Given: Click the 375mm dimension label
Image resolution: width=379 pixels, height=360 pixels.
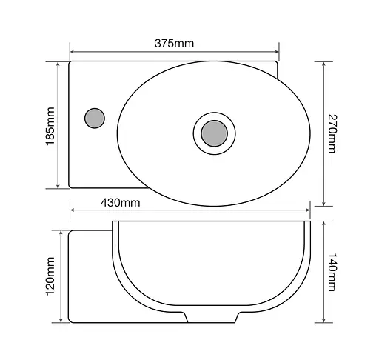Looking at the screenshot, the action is click(x=174, y=44).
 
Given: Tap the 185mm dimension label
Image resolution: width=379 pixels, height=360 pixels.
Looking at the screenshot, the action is click(x=50, y=126).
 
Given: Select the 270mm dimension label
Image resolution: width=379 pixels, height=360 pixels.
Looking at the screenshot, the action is click(x=332, y=133).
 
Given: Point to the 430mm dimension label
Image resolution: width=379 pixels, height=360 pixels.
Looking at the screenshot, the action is click(x=121, y=203).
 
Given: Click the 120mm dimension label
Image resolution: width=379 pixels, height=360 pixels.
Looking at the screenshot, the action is click(x=50, y=276).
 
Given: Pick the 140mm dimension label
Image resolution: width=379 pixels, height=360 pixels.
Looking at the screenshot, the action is click(x=332, y=272).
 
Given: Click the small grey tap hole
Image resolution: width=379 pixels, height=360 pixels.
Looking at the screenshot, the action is click(x=95, y=119).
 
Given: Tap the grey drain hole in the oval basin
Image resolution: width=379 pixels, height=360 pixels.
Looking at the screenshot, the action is click(x=214, y=133).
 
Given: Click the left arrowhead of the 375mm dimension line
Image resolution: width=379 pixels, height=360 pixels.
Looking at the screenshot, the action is click(x=72, y=52).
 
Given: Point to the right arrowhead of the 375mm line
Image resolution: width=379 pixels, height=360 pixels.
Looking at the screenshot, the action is click(x=277, y=52).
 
